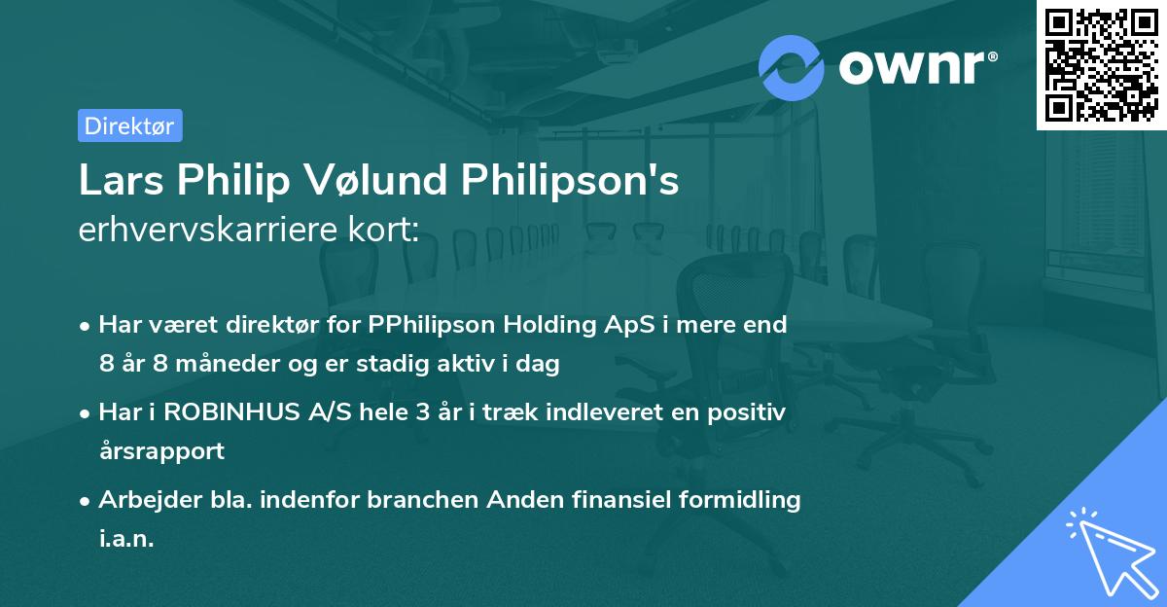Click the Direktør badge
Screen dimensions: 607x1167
click(129, 125)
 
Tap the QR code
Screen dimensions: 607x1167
click(1101, 64)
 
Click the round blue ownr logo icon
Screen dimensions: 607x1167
click(792, 67)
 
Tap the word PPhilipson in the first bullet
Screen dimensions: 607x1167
click(432, 325)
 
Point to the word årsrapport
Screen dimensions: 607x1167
click(161, 451)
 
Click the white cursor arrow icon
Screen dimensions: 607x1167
click(1105, 550)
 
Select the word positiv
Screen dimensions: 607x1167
click(748, 412)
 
